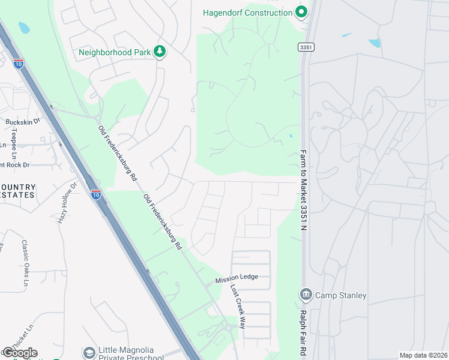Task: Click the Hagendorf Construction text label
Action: [247, 13]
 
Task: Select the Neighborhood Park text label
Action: [115, 52]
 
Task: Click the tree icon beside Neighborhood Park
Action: [160, 52]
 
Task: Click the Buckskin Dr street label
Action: [22, 122]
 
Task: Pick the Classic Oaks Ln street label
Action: [25, 257]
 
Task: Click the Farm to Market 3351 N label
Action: [303, 190]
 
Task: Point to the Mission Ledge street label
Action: [237, 277]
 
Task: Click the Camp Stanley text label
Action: [341, 295]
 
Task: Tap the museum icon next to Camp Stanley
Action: [305, 295]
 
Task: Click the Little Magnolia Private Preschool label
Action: [126, 353]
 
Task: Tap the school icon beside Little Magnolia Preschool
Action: [89, 353]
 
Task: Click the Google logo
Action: [19, 353]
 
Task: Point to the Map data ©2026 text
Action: [423, 355]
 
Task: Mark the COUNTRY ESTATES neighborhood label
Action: [18, 191]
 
